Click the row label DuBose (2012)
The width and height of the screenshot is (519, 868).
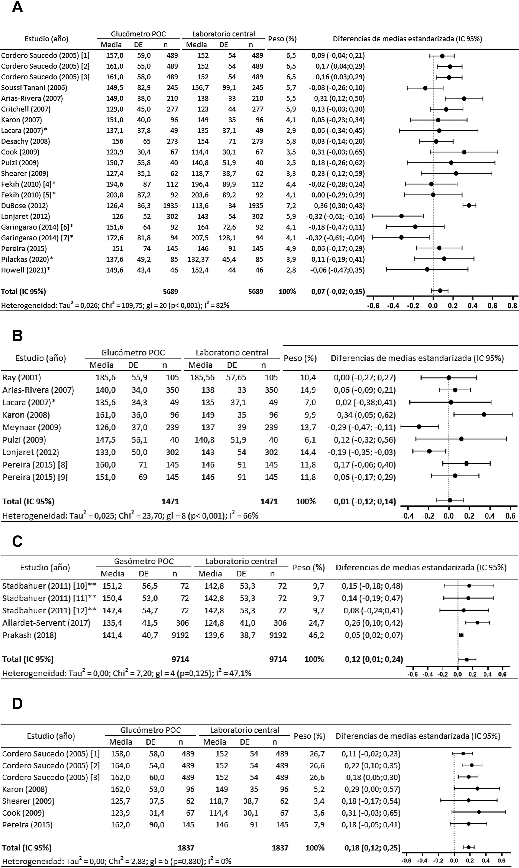(25, 205)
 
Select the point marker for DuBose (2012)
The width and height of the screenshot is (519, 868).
(469, 205)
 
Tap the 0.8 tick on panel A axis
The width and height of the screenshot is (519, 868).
(512, 305)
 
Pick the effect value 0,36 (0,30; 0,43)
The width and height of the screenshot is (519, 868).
(338, 205)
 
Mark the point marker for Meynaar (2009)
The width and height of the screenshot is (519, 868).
(419, 427)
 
